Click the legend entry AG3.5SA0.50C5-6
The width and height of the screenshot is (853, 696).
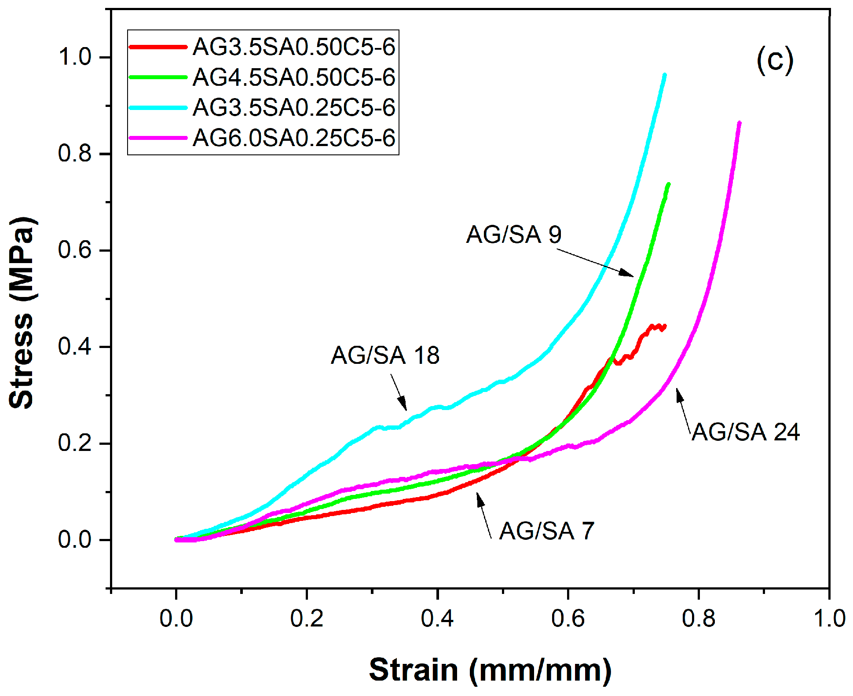[293, 47]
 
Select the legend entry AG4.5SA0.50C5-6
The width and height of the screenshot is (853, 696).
[293, 77]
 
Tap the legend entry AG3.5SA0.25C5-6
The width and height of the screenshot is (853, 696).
[293, 107]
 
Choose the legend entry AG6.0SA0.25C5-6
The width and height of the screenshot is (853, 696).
[293, 138]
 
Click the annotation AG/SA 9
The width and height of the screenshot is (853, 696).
[514, 234]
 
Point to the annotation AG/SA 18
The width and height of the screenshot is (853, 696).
[385, 355]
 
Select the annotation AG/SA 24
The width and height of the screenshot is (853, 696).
[745, 432]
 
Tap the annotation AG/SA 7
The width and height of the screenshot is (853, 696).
[547, 531]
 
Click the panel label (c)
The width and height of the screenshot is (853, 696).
[775, 60]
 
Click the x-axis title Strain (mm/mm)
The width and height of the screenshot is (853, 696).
[490, 670]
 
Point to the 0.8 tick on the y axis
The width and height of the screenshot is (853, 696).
[75, 154]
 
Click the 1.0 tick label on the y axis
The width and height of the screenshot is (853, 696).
[75, 57]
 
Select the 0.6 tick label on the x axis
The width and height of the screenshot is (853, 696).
[567, 618]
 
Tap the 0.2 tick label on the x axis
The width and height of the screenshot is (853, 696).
[307, 618]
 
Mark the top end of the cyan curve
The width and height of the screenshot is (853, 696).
[664, 75]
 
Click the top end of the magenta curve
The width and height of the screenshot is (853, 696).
[739, 123]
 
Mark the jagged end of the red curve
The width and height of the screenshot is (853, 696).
[664, 326]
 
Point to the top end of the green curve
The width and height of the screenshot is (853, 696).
[669, 184]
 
